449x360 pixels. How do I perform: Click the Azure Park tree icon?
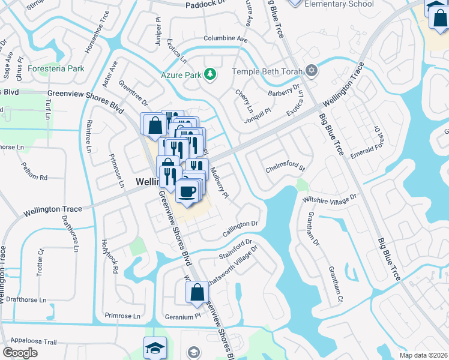[209, 74]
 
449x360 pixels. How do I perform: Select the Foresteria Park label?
[58, 69]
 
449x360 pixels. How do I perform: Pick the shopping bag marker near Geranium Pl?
[196, 293]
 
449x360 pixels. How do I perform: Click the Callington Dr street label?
[240, 225]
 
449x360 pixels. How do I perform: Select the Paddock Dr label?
[203, 4]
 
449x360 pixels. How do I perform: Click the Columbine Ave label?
[226, 39]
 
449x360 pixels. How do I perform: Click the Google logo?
[20, 353]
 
